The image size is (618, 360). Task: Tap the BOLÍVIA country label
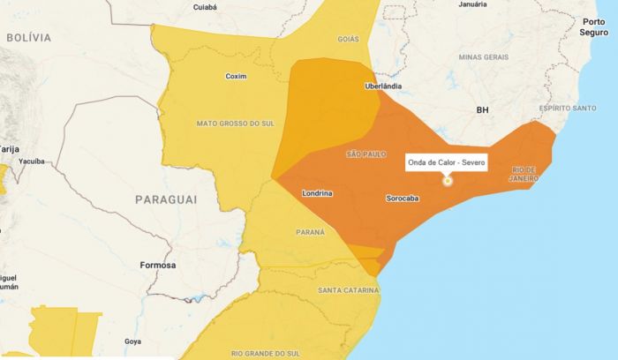pyautogui.click(x=29, y=38)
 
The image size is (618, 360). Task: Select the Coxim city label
pyautogui.click(x=236, y=76)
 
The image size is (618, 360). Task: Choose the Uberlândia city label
pyautogui.click(x=384, y=86)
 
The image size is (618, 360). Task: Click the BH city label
pyautogui.click(x=482, y=110)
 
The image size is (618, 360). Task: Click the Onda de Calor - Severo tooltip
pyautogui.click(x=447, y=163)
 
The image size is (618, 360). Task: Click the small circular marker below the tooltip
pyautogui.click(x=447, y=181)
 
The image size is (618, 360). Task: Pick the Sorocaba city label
pyautogui.click(x=403, y=199)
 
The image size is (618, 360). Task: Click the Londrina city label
pyautogui.click(x=316, y=192)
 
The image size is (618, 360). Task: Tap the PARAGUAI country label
pyautogui.click(x=166, y=200)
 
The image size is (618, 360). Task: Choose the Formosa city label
pyautogui.click(x=159, y=265)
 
